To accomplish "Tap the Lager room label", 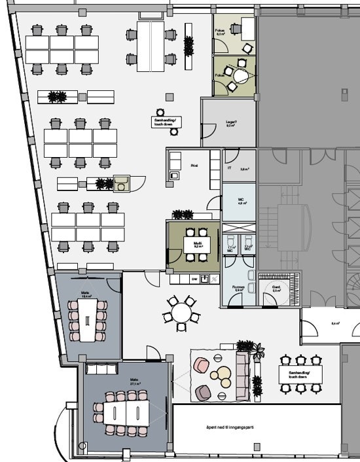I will point(230,123).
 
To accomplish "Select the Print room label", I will point(194,166).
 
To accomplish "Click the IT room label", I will point(230,168).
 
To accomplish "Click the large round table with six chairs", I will point(180,309).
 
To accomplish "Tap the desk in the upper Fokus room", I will point(247,27).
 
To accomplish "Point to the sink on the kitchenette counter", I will point(205,279).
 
